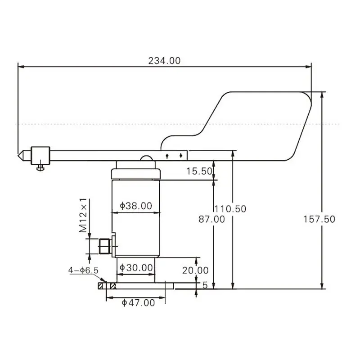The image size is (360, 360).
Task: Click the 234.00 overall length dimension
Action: (x=164, y=61)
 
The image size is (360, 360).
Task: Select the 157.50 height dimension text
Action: (x=319, y=219)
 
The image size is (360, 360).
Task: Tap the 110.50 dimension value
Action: (x=230, y=209)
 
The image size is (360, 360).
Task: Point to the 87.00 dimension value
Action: (x=211, y=219)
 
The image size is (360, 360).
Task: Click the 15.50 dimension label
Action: (x=198, y=171)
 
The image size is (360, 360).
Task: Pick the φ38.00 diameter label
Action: (x=136, y=206)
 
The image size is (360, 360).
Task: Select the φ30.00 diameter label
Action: (x=136, y=268)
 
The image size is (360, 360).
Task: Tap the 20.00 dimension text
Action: (x=195, y=270)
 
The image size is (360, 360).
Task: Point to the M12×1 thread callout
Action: (x=83, y=215)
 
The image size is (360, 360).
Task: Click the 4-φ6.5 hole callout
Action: (x=83, y=270)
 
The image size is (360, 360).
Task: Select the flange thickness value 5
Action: (x=205, y=285)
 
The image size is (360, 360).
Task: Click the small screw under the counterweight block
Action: (x=40, y=168)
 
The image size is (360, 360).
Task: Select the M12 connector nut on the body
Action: (x=104, y=246)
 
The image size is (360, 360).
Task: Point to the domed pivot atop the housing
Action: (x=147, y=158)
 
